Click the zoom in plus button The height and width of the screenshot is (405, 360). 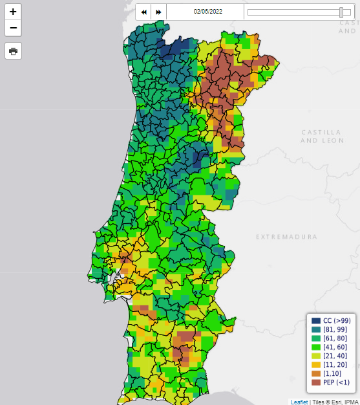13,12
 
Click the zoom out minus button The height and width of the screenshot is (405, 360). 13,28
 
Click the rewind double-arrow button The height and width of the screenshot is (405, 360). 143,12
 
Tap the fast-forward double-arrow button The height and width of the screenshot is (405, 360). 158,12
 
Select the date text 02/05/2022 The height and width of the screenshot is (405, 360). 208,12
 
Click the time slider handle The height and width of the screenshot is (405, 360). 341,12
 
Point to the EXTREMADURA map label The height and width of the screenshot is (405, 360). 286,237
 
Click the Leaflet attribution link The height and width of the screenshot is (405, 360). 299,402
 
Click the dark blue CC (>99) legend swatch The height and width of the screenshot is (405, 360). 316,320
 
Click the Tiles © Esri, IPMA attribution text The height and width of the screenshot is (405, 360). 335,402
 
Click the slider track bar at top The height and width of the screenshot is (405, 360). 294,12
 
